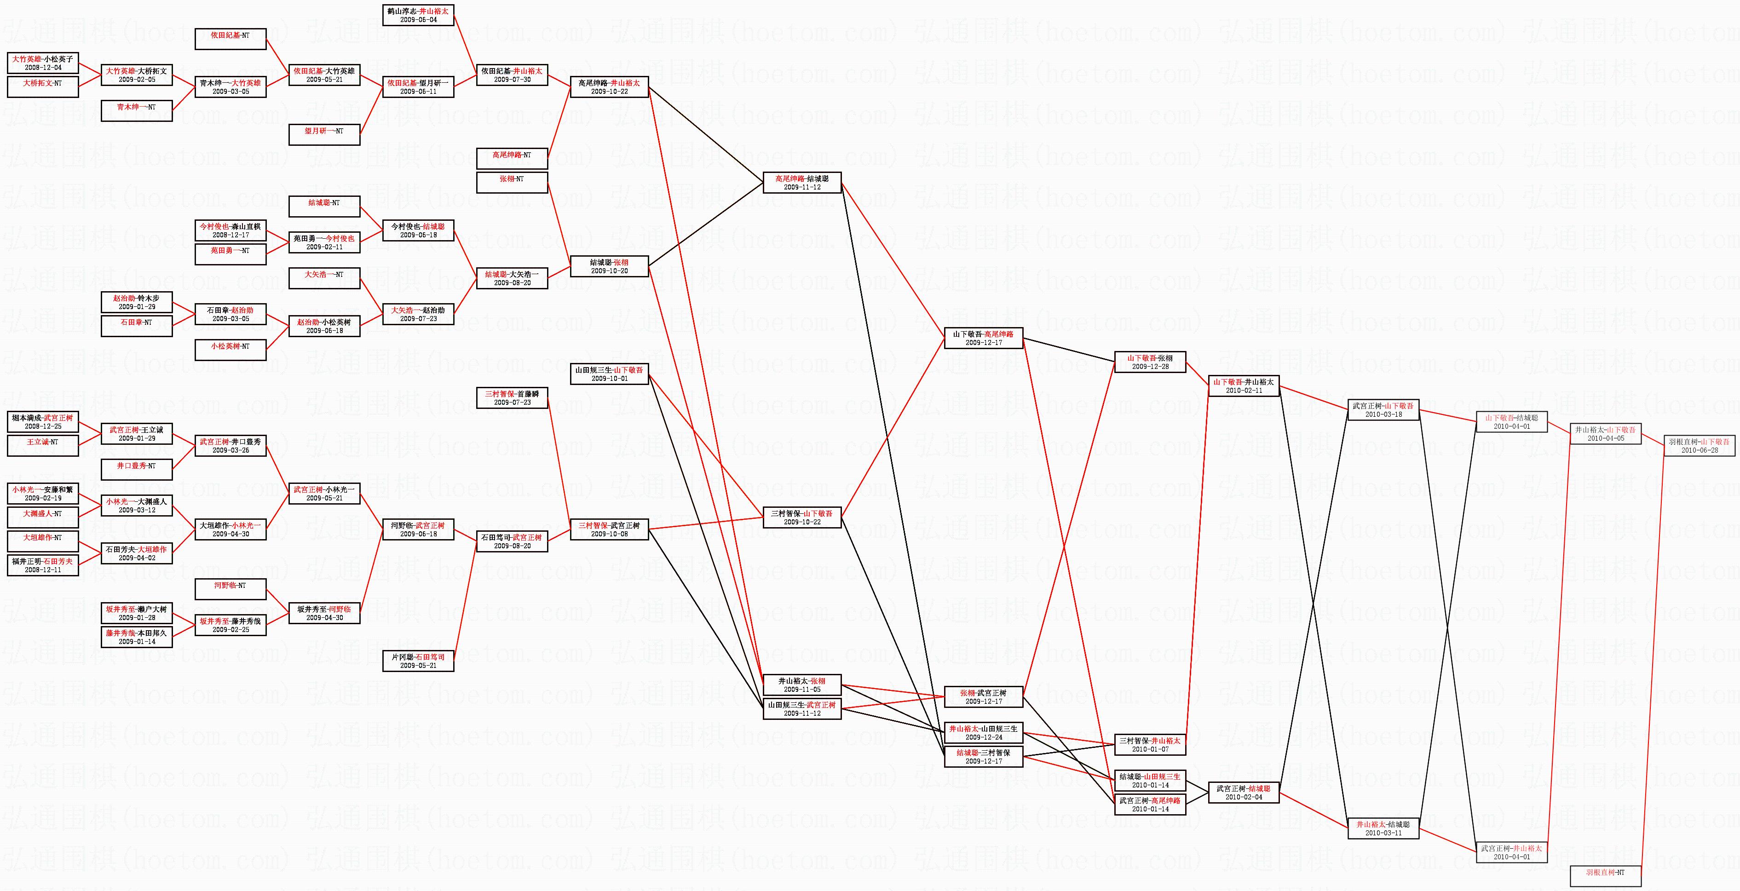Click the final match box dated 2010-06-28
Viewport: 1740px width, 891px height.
1699,446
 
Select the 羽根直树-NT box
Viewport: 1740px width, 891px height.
1605,873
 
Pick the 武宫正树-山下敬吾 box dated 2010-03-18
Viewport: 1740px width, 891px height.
1383,410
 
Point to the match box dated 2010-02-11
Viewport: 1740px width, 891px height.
1244,386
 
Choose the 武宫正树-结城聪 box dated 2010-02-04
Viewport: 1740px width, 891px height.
1244,793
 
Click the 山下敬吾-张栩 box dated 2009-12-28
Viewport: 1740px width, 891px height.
1150,362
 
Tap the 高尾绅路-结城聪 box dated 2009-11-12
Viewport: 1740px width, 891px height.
802,183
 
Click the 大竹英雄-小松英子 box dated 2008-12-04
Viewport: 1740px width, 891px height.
42,63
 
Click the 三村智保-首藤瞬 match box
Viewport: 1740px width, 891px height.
512,398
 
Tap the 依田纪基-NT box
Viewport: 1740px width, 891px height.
230,39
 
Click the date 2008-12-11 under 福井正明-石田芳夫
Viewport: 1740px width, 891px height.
42,570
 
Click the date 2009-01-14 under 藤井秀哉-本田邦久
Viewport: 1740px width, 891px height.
137,642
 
